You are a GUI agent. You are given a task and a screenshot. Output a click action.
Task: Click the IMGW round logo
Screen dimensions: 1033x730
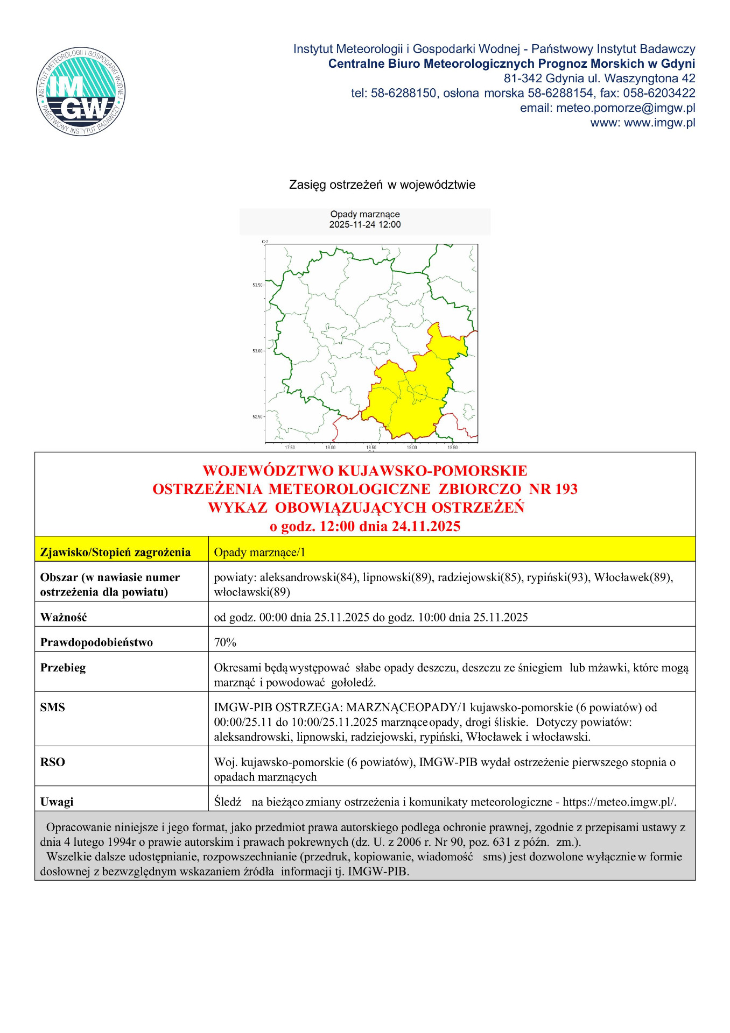(81, 91)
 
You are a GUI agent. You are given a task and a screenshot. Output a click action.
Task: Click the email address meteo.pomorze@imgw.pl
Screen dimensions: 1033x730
(626, 108)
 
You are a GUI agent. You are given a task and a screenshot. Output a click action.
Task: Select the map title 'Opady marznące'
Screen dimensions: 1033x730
(365, 214)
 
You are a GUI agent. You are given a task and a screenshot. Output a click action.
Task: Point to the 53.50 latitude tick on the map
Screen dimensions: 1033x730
(257, 285)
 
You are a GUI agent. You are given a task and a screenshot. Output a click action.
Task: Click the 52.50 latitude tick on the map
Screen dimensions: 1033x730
(257, 417)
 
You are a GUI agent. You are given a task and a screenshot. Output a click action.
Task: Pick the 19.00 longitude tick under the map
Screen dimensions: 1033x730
(411, 447)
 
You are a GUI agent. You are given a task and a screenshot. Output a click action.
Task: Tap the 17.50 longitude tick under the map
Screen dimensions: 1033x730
(290, 447)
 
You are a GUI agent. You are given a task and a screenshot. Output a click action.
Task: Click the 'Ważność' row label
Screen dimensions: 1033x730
(64, 617)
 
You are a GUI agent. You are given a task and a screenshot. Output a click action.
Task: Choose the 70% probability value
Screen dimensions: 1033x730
(225, 642)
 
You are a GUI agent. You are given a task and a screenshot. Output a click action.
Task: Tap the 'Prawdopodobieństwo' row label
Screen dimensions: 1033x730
(96, 642)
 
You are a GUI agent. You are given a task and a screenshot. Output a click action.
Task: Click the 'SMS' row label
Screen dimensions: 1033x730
(52, 707)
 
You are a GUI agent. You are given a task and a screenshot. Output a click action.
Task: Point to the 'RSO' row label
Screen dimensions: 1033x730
(52, 762)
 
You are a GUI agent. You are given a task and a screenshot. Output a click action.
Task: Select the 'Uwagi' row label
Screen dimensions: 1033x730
(57, 802)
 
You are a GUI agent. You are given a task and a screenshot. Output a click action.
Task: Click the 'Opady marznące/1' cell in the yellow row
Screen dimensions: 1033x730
(259, 552)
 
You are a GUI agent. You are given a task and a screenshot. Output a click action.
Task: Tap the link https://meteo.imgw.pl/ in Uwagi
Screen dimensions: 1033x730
(619, 802)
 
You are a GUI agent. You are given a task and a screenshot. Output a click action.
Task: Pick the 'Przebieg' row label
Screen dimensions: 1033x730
(62, 668)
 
